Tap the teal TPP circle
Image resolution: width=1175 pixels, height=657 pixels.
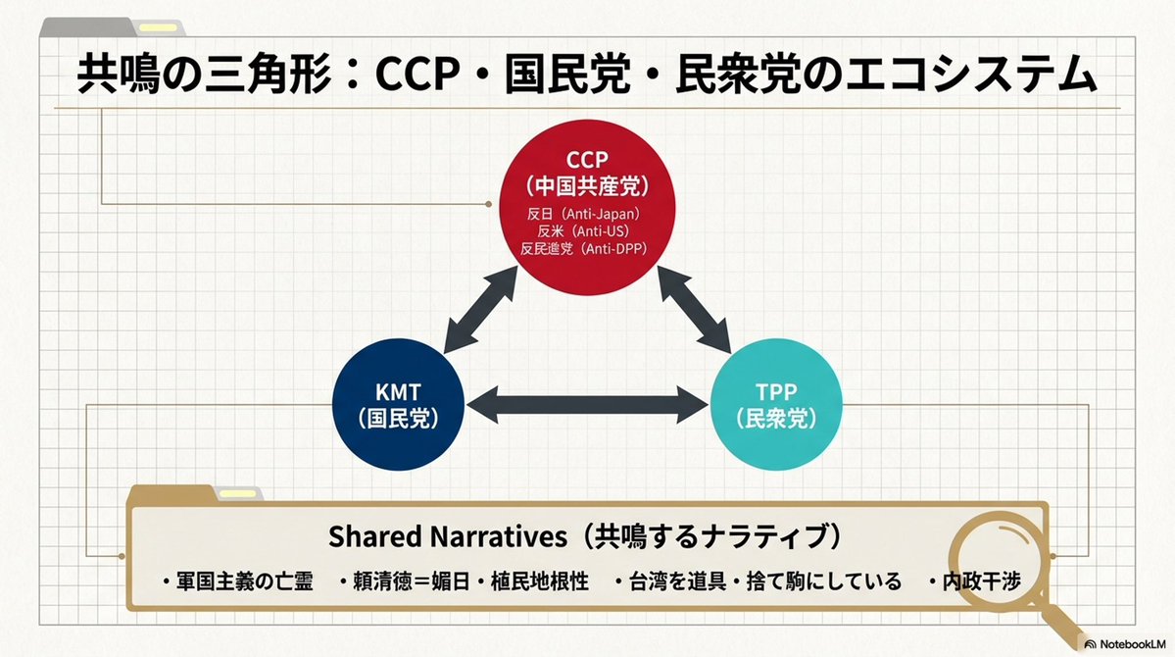point(775,402)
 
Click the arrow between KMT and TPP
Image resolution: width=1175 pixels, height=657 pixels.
point(586,402)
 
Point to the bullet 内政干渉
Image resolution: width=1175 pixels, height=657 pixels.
point(980,581)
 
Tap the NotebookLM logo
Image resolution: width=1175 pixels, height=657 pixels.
point(1121,643)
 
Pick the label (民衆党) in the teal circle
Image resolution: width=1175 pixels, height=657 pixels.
point(775,417)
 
